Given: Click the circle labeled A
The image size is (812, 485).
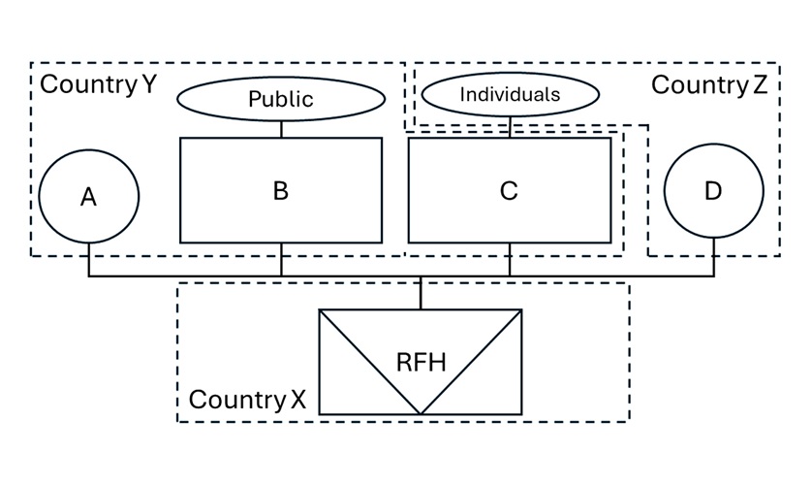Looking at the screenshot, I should pos(89,197).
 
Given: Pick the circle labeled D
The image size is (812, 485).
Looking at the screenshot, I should pos(713,192).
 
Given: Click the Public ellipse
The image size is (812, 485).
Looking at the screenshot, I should pos(281,98).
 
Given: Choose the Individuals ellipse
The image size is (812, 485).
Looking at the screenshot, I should pos(510,95).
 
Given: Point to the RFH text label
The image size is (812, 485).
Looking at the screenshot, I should pos(422,363).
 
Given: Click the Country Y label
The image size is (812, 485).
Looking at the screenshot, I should pos(97,84).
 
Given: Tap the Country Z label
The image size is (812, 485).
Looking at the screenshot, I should pos(708,84).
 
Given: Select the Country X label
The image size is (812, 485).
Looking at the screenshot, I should pos(247,400).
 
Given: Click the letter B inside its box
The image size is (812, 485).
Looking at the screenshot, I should pos(281,190).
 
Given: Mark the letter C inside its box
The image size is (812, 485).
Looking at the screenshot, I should pos(509,191).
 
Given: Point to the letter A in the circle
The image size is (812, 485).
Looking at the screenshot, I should pos(88,198).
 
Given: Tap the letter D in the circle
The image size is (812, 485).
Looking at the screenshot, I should pos(713,191).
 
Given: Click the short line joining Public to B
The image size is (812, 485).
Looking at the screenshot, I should pos(281,129).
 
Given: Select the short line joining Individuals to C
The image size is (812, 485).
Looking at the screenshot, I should pos(510,126).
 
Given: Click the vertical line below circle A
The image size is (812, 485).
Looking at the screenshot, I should pos(89,258).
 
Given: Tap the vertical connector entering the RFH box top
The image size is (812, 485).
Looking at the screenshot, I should pos(421,294).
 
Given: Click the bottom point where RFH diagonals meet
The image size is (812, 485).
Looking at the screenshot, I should pos(421,413).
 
